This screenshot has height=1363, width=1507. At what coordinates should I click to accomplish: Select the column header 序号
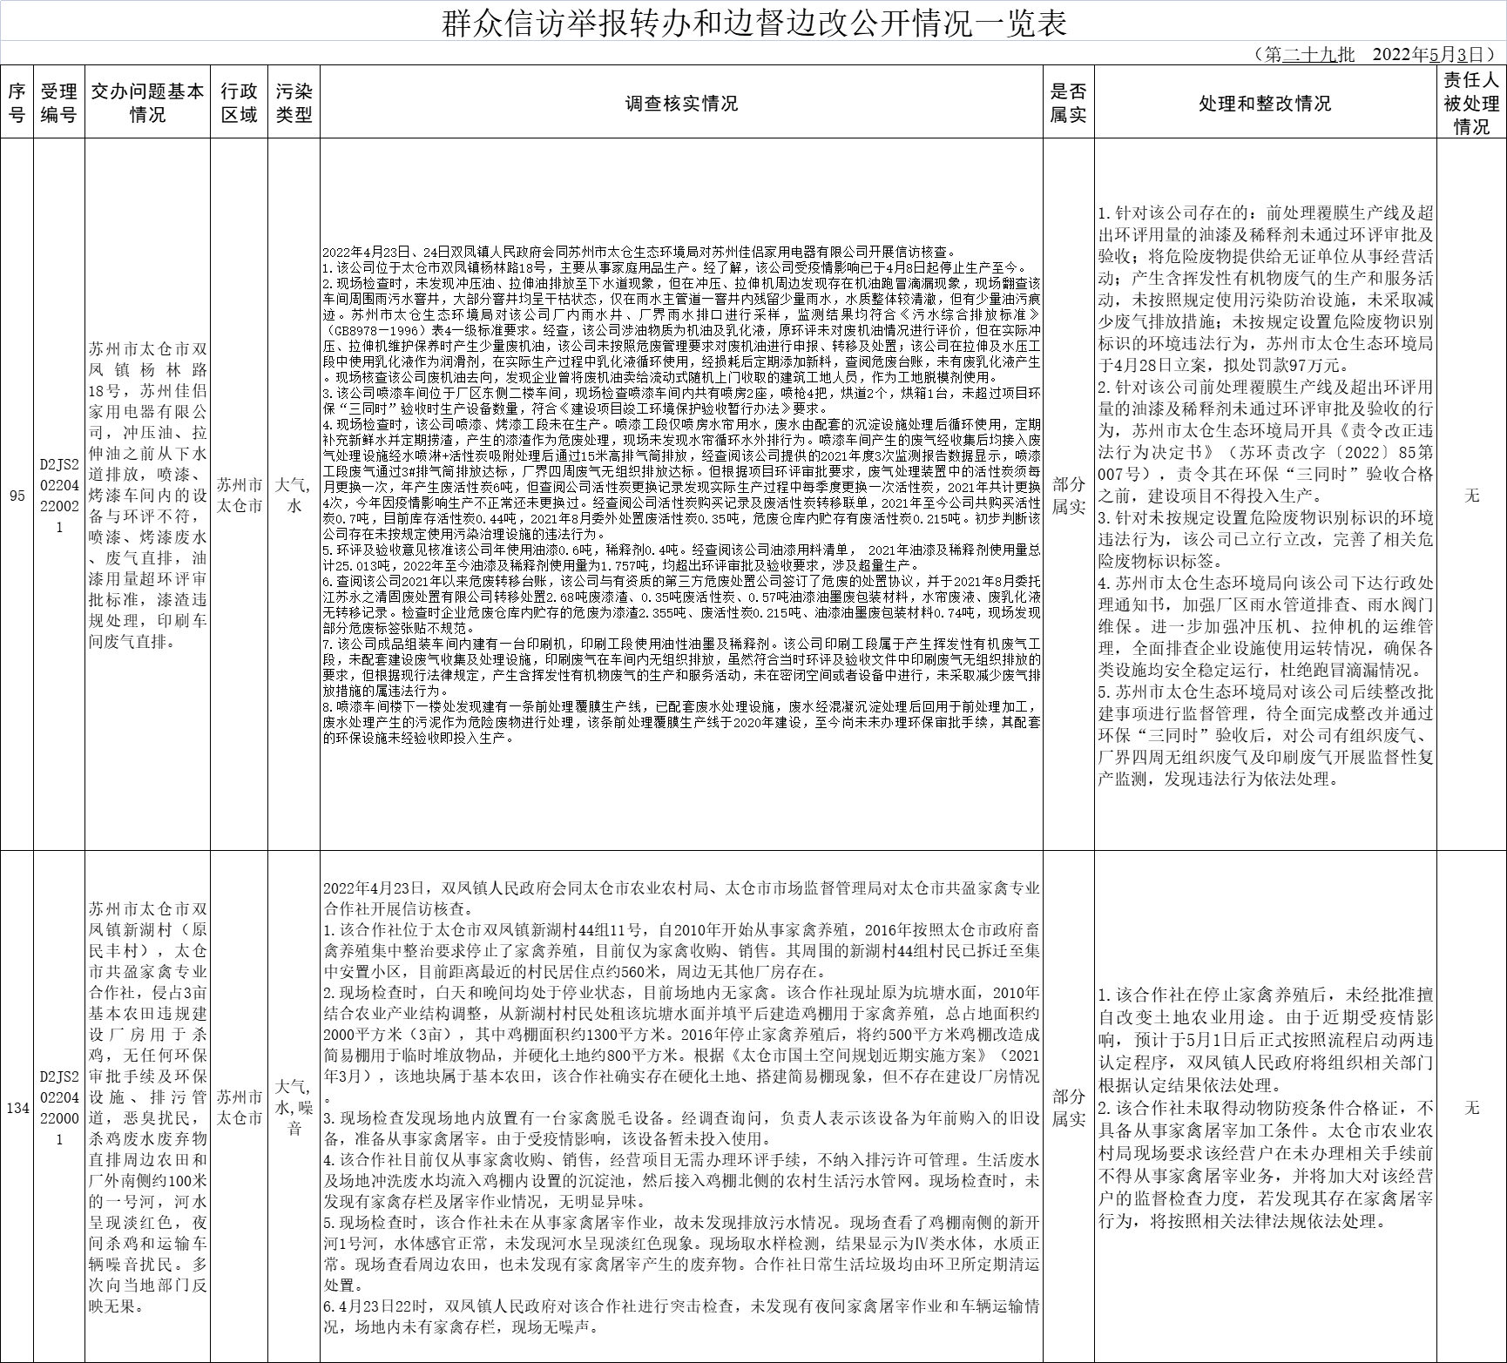click(17, 103)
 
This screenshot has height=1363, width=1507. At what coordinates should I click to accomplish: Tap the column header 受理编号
click(59, 103)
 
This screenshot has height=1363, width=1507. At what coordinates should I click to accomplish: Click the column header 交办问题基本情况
click(147, 103)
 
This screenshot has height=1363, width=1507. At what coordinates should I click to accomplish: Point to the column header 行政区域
click(238, 103)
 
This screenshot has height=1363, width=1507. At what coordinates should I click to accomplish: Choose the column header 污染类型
click(294, 103)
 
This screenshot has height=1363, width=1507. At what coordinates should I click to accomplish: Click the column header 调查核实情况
click(681, 103)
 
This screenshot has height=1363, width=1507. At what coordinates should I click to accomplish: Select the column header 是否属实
click(1068, 103)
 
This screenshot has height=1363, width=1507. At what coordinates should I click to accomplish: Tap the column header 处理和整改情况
click(1264, 103)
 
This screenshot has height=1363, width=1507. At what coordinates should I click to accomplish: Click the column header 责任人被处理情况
click(1471, 103)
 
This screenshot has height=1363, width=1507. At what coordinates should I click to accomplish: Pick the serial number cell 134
click(17, 1108)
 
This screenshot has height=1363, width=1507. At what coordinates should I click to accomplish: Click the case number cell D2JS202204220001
click(59, 1108)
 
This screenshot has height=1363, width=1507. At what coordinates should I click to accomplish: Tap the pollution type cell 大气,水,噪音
click(294, 1108)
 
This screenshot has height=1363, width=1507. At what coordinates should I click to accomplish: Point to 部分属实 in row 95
click(1068, 496)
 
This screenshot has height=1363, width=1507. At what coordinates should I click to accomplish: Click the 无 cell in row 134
click(1471, 1108)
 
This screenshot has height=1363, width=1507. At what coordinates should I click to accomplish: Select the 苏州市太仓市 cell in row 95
click(238, 496)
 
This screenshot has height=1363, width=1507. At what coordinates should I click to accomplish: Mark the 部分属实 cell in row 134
click(1068, 1108)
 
